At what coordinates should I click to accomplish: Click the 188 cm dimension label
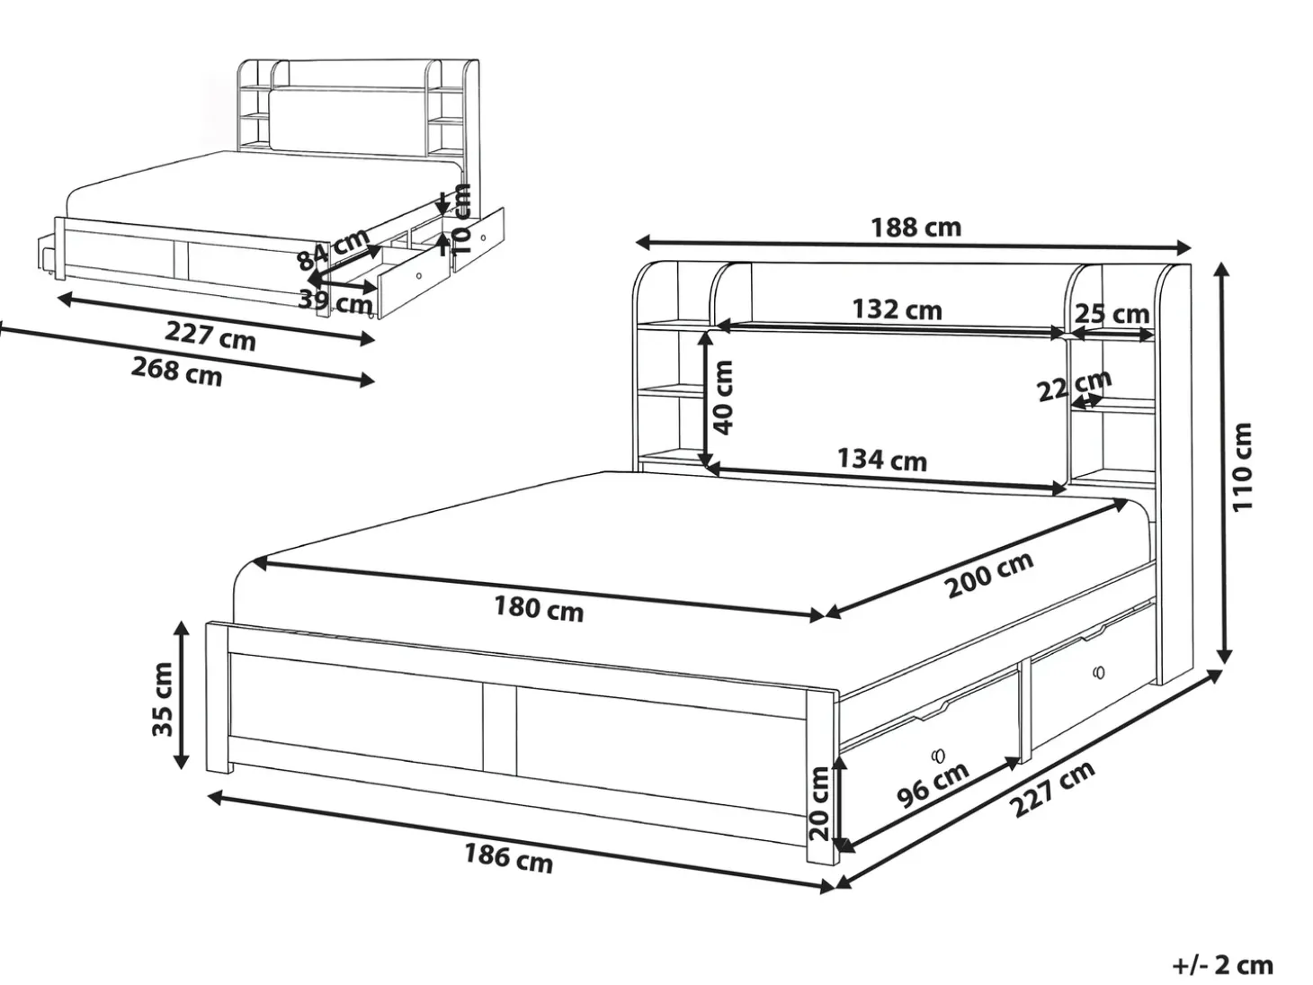click(916, 228)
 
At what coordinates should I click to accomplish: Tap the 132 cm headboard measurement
click(897, 309)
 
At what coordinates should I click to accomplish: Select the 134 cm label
click(881, 460)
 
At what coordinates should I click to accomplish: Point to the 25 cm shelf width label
click(1112, 314)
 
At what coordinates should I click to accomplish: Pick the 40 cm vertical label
click(723, 398)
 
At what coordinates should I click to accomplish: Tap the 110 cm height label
click(1242, 468)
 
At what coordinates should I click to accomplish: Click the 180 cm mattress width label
click(539, 609)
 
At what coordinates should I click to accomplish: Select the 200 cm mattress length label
click(990, 575)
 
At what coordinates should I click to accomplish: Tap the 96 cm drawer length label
click(933, 786)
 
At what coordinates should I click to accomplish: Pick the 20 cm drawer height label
click(818, 804)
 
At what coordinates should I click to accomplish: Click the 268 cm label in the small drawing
click(176, 372)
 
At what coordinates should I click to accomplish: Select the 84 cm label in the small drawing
click(334, 249)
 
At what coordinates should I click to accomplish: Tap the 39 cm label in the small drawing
click(335, 301)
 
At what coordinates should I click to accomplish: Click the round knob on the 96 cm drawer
click(938, 757)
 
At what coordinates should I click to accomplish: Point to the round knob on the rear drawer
click(1100, 672)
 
